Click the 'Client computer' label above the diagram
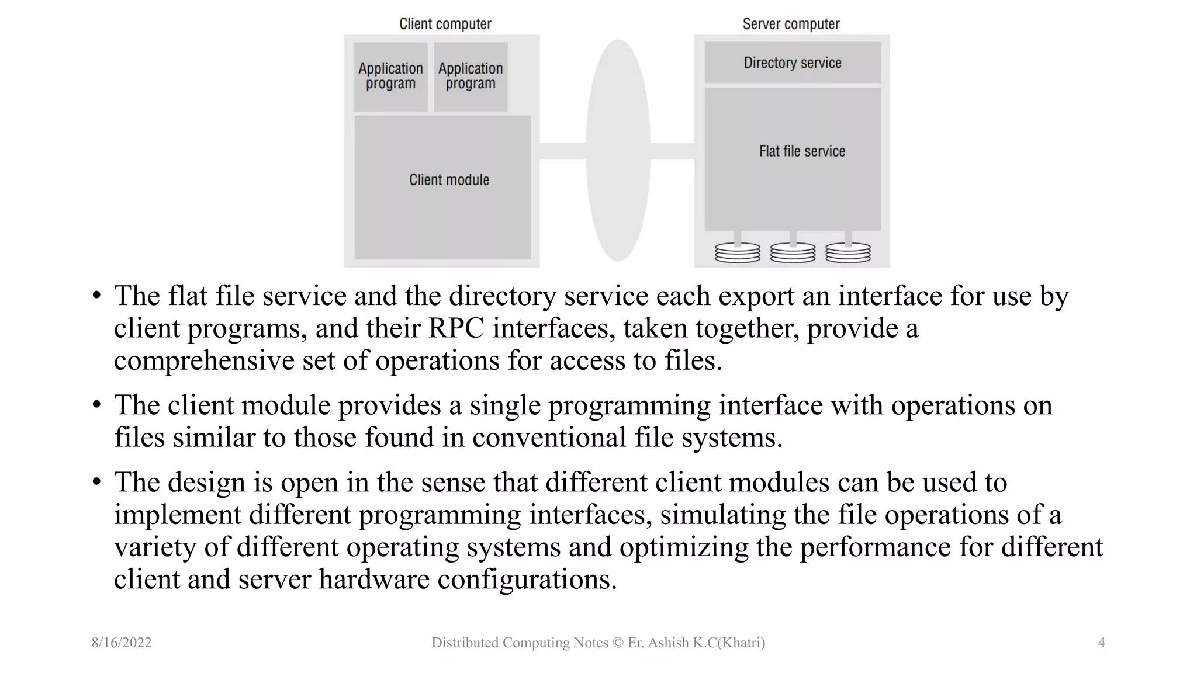point(445,24)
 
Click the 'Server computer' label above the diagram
point(791,24)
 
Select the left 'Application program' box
point(390,77)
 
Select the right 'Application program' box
point(471,77)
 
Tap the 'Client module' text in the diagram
point(449,180)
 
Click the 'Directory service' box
point(793,63)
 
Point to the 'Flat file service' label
point(802,151)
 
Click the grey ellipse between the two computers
point(618,151)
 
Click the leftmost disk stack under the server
point(738,253)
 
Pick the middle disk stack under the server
point(793,253)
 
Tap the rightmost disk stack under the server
point(848,253)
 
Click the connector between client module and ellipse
point(562,151)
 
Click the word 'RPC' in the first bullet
point(456,328)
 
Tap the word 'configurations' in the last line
point(527,580)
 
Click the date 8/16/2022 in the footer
point(122,643)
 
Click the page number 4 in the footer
point(1101,643)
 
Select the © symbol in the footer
point(618,643)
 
